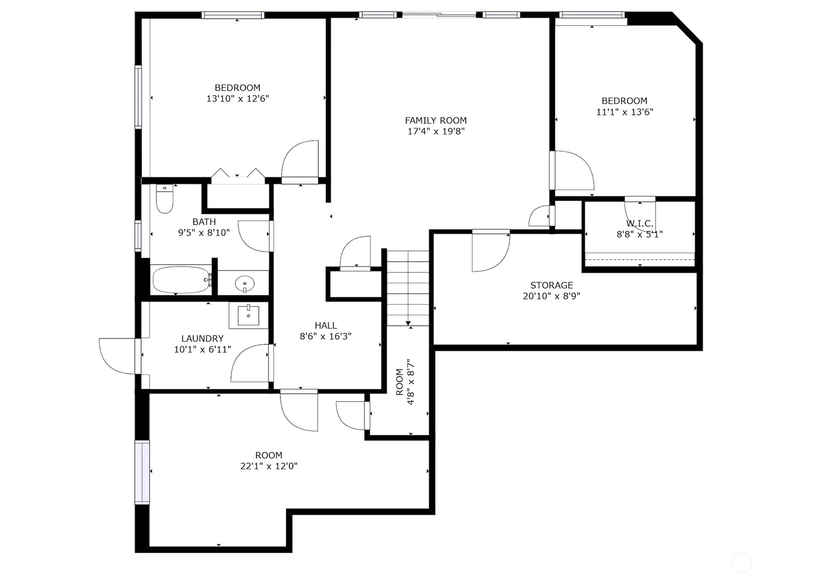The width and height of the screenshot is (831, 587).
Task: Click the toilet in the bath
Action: [x=165, y=199]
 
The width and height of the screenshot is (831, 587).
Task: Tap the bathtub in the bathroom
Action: [x=182, y=280]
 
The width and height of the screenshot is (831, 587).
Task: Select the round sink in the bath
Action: [x=245, y=284]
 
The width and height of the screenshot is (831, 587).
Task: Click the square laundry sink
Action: [x=248, y=315]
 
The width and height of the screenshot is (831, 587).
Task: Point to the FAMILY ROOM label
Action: [x=436, y=121]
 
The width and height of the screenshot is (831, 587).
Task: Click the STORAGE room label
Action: [x=552, y=285]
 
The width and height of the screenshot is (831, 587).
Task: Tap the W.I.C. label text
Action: [x=640, y=224]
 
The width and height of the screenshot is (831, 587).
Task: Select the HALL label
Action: [x=326, y=325]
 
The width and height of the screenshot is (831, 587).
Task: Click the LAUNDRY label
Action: [x=203, y=338]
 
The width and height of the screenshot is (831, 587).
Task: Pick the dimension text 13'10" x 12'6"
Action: [x=238, y=99]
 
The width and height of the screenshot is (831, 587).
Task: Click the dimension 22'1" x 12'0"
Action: [x=269, y=466]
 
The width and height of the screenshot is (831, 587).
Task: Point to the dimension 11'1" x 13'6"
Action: [x=625, y=112]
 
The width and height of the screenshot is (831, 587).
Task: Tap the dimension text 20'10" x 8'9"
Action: [x=552, y=296]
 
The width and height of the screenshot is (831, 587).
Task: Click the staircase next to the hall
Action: [x=408, y=288]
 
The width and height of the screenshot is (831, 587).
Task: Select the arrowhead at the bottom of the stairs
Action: [x=408, y=323]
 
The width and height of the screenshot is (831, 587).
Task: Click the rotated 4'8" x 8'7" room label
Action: [x=405, y=382]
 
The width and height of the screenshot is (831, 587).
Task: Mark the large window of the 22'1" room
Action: [x=142, y=472]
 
